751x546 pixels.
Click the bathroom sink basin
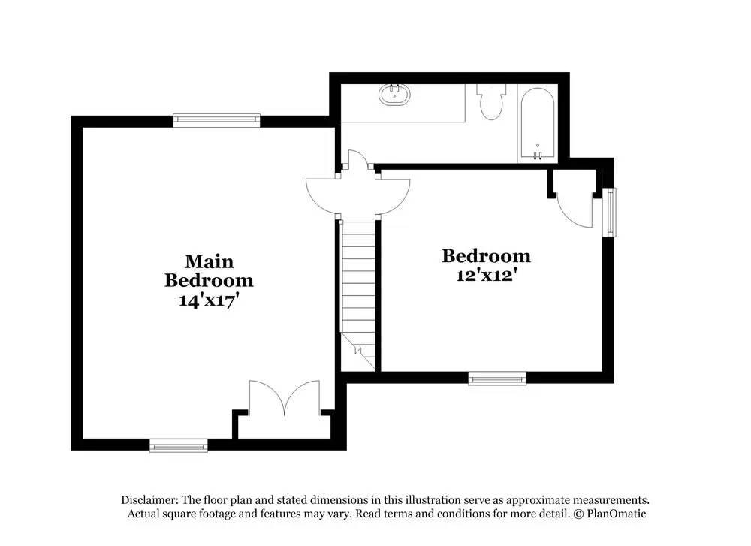point(396,95)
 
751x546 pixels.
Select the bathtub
point(537,123)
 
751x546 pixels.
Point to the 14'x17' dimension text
point(208,300)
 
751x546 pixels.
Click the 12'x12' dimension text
point(485,275)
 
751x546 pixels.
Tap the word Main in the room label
point(209,261)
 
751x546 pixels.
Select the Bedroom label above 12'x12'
point(486,256)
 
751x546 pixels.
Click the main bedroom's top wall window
point(216,119)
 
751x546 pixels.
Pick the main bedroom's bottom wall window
point(178,446)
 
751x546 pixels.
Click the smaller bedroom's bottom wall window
point(497,379)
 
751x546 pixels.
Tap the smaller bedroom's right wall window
point(611,212)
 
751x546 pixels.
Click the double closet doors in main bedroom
point(285,398)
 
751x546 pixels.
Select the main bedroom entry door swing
point(323,194)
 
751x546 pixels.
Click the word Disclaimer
point(149,499)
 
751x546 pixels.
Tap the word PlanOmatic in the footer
point(617,514)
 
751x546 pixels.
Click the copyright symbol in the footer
point(579,514)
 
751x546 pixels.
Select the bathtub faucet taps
point(537,155)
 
